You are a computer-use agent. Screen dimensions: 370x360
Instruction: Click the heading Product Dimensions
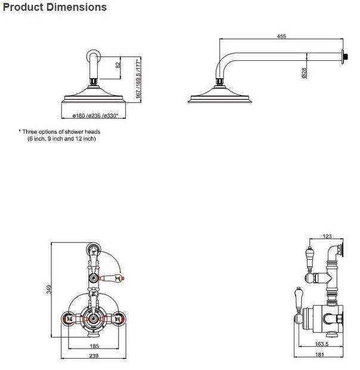pyautogui.click(x=55, y=7)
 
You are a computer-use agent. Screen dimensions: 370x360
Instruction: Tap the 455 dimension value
pyautogui.click(x=281, y=36)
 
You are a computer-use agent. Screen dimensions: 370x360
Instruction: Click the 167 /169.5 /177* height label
pyautogui.click(x=138, y=78)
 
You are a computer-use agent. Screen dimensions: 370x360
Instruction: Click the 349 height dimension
pyautogui.click(x=49, y=289)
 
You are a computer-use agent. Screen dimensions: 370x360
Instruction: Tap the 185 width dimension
pyautogui.click(x=94, y=346)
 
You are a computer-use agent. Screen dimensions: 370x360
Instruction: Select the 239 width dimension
pyautogui.click(x=94, y=356)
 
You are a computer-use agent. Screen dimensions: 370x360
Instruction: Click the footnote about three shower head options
pyautogui.click(x=60, y=131)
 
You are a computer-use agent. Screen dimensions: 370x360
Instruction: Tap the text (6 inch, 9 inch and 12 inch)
pyautogui.click(x=61, y=138)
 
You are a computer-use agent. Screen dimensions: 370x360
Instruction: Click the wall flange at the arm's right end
pyautogui.click(x=344, y=57)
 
